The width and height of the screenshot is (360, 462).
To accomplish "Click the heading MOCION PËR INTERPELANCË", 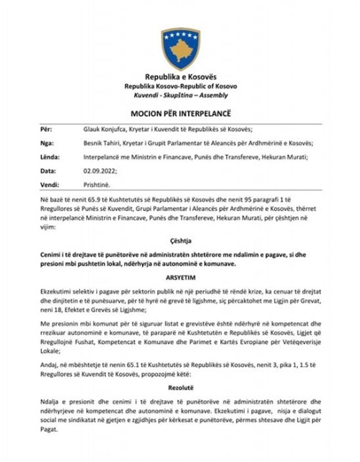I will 181,113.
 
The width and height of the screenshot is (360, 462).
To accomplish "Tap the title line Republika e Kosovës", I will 181,77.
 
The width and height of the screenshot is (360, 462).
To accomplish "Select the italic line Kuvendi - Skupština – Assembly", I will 181,95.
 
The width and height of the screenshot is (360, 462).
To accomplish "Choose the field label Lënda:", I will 50,157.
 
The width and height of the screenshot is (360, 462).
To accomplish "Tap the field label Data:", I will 48,171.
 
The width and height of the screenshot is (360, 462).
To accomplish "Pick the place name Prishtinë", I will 97,185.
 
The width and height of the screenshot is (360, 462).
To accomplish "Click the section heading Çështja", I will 181,241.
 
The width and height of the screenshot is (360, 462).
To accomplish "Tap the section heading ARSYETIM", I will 181,278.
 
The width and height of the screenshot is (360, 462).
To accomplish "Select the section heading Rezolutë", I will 181,388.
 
